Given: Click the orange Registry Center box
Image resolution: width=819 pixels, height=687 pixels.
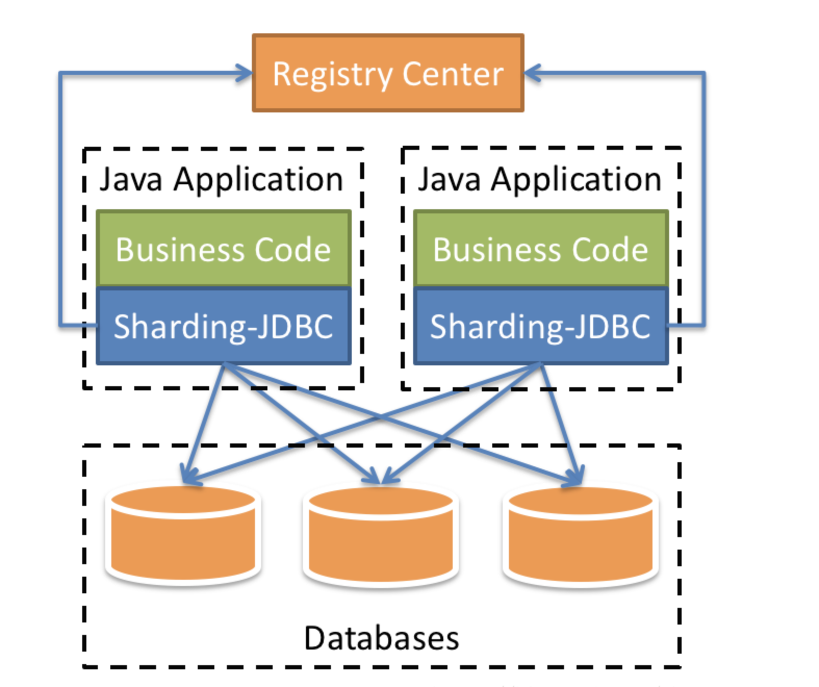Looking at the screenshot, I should tap(388, 73).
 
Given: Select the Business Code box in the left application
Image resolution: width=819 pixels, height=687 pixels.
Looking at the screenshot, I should tap(224, 249).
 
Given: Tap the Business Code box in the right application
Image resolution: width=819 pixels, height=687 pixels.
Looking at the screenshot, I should tap(541, 249).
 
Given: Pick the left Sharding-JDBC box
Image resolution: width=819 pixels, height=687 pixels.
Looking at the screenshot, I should tap(224, 326).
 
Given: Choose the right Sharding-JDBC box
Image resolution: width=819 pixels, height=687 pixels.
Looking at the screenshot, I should tap(541, 326).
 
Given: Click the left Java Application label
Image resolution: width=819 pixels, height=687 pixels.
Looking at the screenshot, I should tap(221, 180).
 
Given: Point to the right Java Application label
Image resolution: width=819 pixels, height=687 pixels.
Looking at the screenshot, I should tap(540, 180).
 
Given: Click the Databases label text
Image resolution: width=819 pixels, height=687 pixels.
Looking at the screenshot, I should tap(381, 638).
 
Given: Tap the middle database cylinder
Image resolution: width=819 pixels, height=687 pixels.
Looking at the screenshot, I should tap(381, 536).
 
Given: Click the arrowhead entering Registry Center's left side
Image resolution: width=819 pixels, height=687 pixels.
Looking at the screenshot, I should tap(246, 73).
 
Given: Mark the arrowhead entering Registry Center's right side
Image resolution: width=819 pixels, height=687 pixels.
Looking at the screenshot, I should tap(531, 73).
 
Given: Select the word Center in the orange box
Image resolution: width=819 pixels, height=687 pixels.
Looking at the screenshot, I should tap(453, 74).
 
